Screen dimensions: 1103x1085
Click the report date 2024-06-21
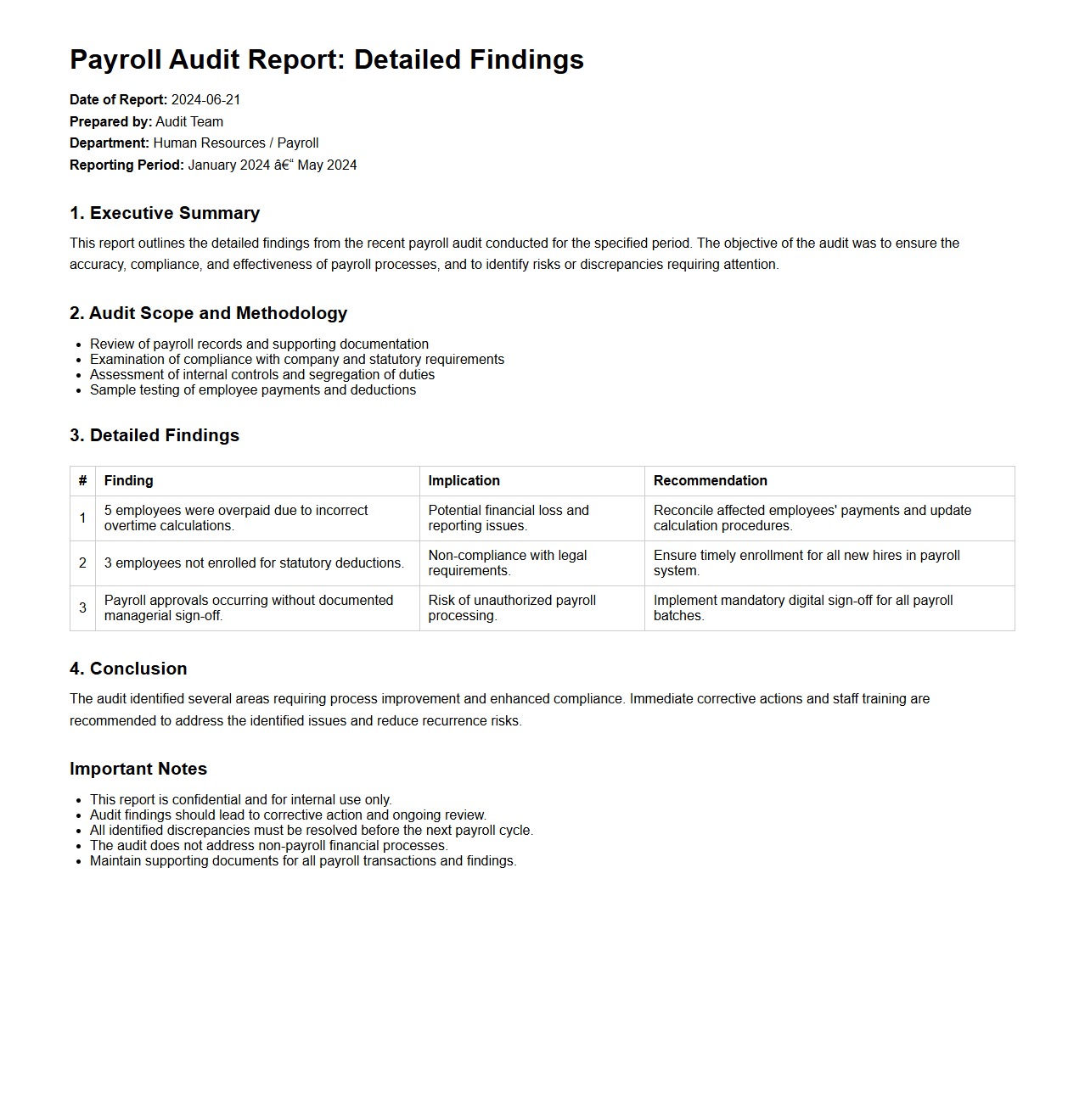pyautogui.click(x=205, y=100)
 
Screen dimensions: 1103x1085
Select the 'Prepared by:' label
pyautogui.click(x=110, y=122)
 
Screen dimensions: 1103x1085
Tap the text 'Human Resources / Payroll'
pyautogui.click(x=236, y=143)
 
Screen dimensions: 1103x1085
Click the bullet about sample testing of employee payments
pyautogui.click(x=253, y=390)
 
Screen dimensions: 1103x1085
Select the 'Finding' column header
pyautogui.click(x=129, y=481)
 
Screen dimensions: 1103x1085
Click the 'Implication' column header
pyautogui.click(x=464, y=481)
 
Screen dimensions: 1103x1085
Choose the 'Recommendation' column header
pyautogui.click(x=710, y=481)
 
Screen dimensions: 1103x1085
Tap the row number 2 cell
pyautogui.click(x=82, y=563)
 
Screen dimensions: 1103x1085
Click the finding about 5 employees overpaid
pyautogui.click(x=236, y=518)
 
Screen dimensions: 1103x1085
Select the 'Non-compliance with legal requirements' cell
pyautogui.click(x=507, y=563)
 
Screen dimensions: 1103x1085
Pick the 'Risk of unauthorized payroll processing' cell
pyautogui.click(x=512, y=608)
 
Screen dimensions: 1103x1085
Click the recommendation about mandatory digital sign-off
pyautogui.click(x=802, y=608)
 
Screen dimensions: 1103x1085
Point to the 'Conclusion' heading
pyautogui.click(x=128, y=669)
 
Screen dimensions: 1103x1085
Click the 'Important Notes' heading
pyautogui.click(x=138, y=769)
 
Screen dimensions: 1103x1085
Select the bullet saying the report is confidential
pyautogui.click(x=240, y=800)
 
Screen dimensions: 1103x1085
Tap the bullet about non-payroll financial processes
pyautogui.click(x=268, y=846)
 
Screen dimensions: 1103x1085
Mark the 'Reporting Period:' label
pyautogui.click(x=126, y=165)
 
